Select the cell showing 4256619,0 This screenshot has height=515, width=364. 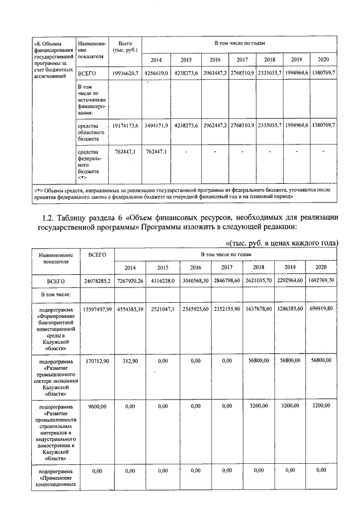point(156,73)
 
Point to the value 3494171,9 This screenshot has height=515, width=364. point(156,124)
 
